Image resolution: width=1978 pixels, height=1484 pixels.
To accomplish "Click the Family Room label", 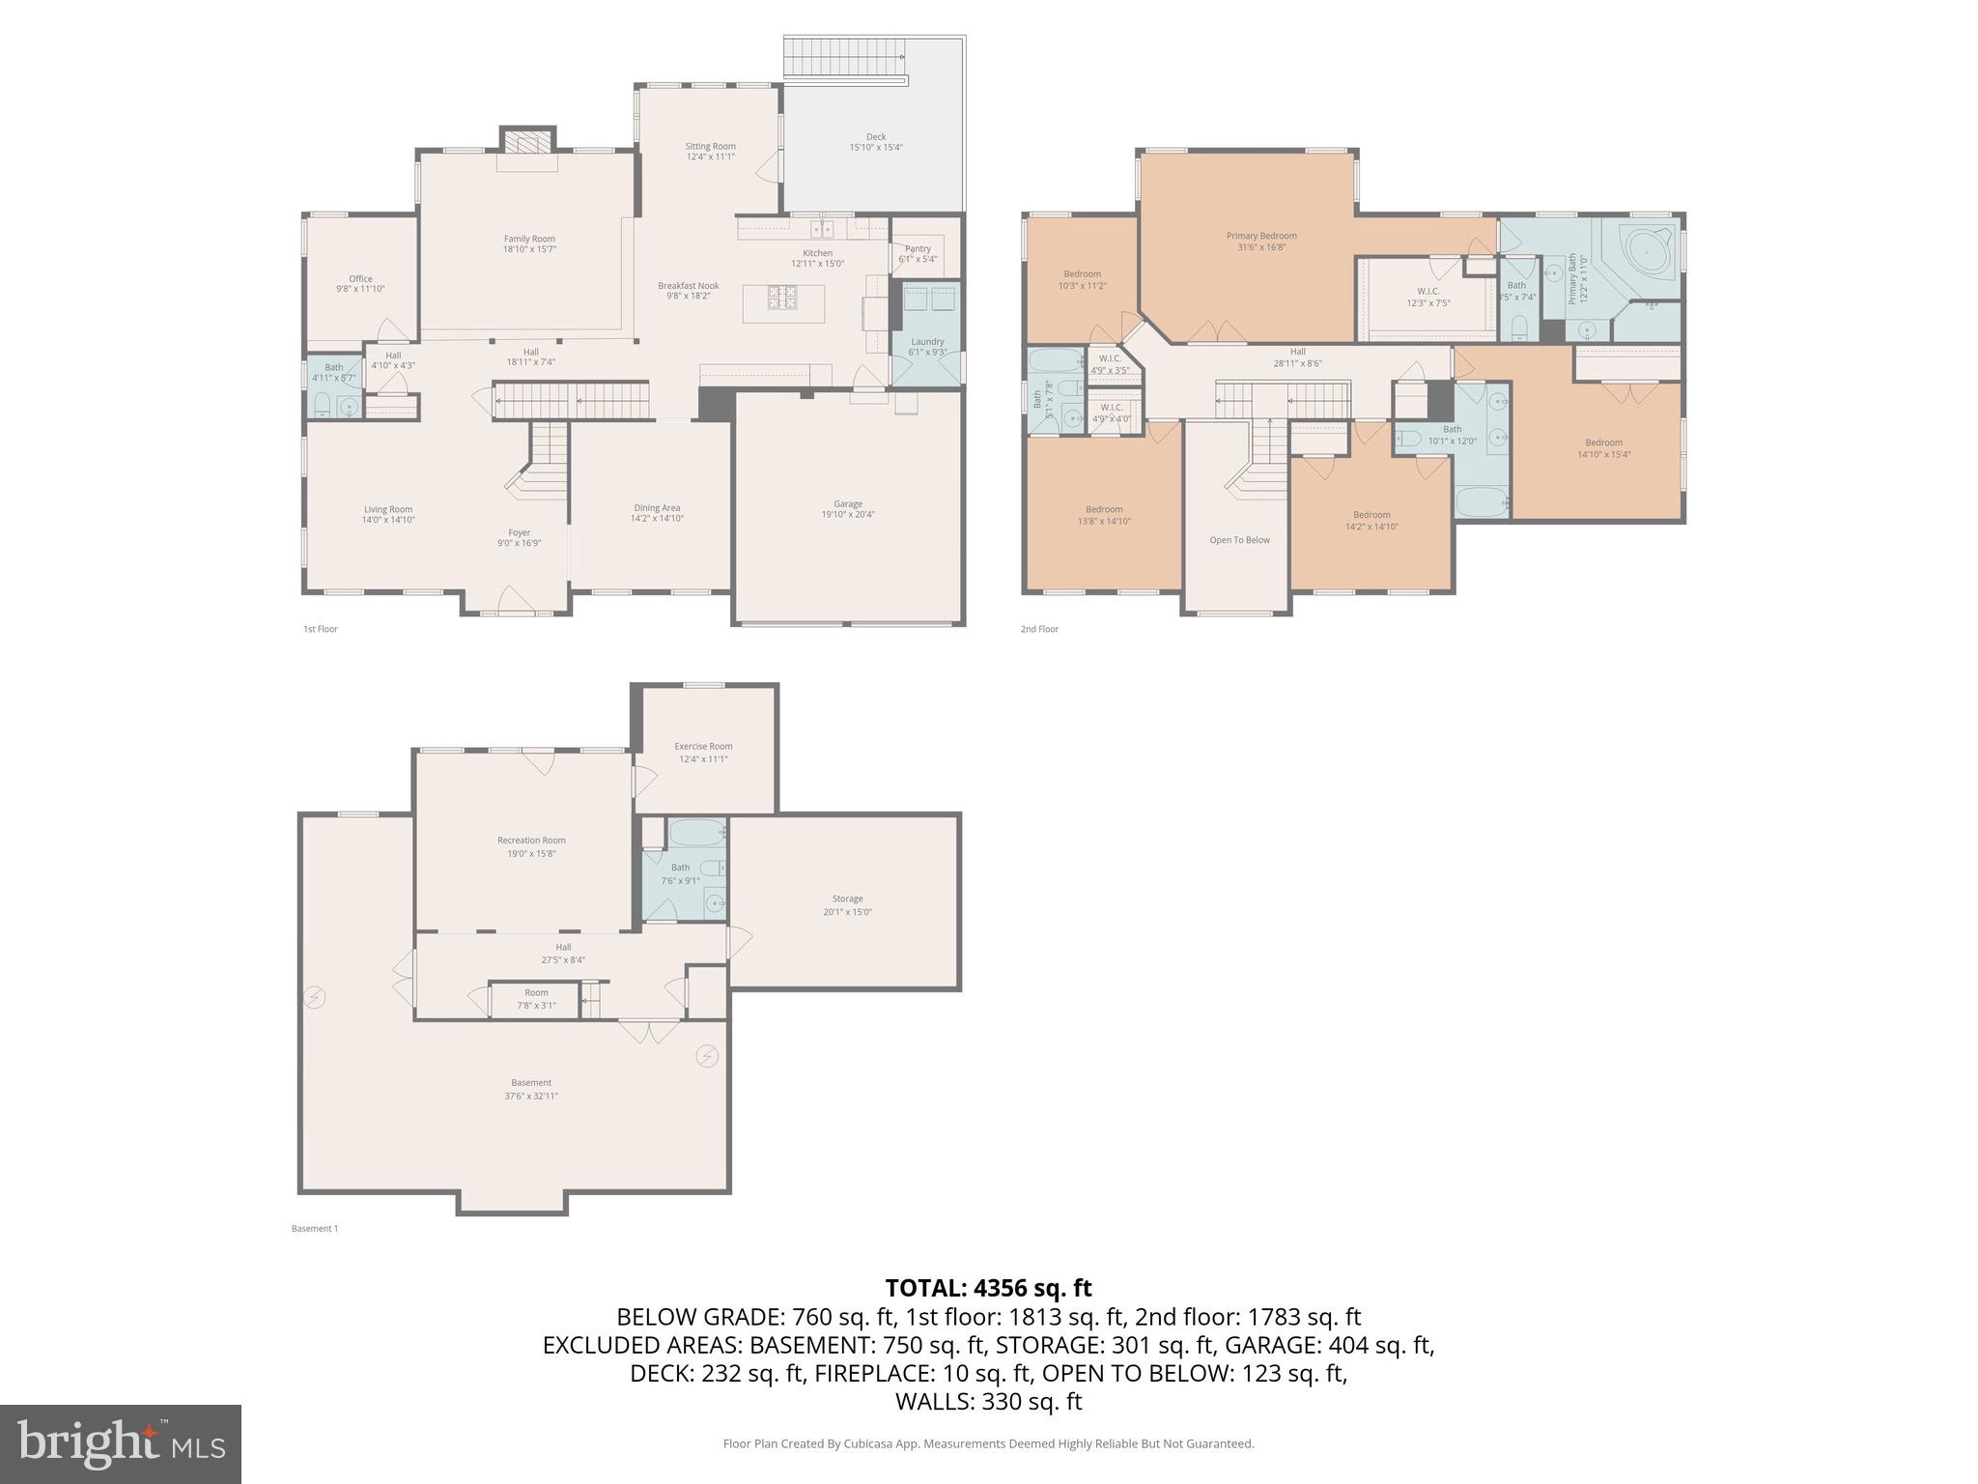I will click(529, 239).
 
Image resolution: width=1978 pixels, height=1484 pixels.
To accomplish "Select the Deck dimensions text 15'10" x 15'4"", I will click(875, 148).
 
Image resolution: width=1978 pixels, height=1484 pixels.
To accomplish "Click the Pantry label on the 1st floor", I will click(918, 248).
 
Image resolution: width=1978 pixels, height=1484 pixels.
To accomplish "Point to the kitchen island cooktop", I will click(783, 298).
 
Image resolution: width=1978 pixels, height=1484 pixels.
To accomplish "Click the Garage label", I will click(848, 503).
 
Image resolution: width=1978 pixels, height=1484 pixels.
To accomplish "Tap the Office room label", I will click(360, 278).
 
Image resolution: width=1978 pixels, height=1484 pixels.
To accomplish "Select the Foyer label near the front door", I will click(520, 532).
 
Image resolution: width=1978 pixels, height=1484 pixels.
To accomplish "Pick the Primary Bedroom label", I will click(1261, 236).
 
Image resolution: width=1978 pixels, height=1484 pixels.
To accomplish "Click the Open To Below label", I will click(1239, 540).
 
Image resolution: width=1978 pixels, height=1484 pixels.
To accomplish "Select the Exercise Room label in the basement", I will click(703, 746).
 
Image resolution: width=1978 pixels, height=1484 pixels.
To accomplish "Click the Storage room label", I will click(847, 899).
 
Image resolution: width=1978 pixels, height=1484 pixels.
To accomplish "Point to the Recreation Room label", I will click(531, 841).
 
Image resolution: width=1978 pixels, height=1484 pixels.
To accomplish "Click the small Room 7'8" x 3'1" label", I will click(536, 992).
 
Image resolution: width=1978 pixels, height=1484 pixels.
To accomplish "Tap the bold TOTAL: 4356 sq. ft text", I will click(988, 1288).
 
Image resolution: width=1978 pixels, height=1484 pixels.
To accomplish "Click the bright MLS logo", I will click(120, 1443).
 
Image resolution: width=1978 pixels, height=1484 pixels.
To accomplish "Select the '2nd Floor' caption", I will click(1039, 629).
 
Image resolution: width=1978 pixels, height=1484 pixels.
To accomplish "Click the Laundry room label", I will click(927, 341).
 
